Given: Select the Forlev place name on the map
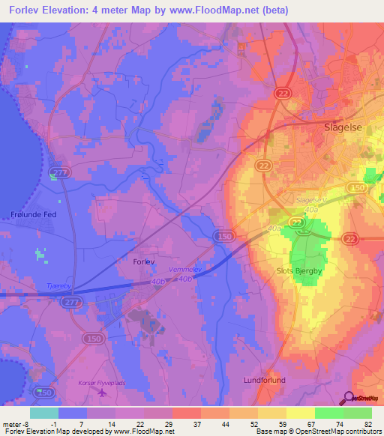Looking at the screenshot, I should (135, 262).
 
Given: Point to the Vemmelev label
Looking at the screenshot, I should (185, 268).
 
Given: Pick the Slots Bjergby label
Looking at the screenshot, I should (300, 271).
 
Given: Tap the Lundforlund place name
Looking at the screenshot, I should (265, 381).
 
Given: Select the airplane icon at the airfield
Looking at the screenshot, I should (103, 392).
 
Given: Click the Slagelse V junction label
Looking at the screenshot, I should (312, 200).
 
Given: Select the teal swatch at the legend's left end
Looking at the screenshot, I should (44, 413).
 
